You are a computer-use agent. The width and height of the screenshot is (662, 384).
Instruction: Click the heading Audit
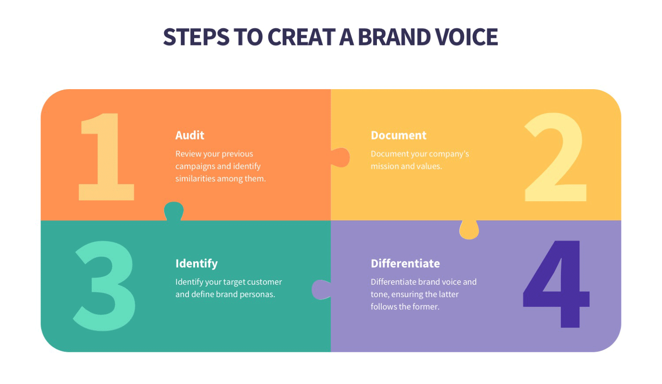(x=190, y=135)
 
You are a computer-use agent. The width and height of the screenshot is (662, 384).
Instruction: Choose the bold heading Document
(x=399, y=135)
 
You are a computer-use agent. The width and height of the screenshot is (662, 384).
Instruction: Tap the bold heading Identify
(x=196, y=264)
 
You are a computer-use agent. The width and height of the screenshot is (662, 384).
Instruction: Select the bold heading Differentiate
(x=405, y=264)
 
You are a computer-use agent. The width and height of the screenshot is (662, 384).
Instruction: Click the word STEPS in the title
(x=196, y=37)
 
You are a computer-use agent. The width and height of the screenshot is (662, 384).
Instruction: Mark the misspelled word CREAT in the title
(x=301, y=37)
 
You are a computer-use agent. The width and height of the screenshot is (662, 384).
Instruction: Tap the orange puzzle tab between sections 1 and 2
(x=341, y=158)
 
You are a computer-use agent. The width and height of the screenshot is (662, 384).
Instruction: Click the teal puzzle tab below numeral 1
(x=173, y=210)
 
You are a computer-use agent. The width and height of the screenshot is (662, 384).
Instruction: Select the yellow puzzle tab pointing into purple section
(x=469, y=230)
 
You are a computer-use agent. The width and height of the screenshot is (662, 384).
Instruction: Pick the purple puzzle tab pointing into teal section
(x=321, y=290)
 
